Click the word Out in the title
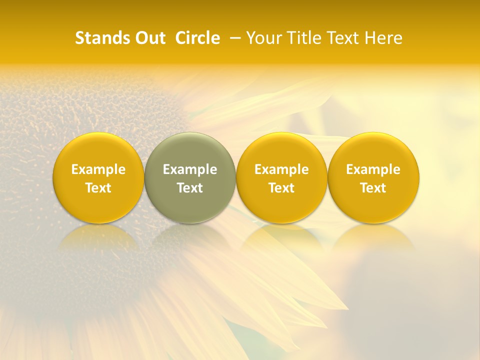(x=148, y=38)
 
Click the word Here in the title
(x=383, y=38)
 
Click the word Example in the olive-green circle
(x=190, y=169)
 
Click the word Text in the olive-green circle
(x=190, y=188)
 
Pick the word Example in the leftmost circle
(x=98, y=169)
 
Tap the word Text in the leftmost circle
(x=98, y=188)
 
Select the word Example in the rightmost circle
(x=373, y=169)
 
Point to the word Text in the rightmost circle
(x=373, y=188)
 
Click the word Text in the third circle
(x=281, y=188)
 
